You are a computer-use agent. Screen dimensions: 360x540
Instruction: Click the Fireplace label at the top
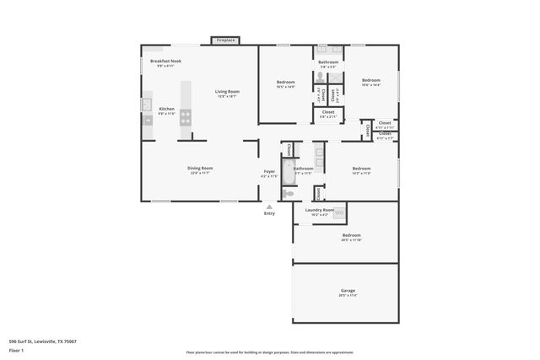click(x=225, y=40)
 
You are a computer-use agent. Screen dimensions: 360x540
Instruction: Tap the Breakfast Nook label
click(x=165, y=61)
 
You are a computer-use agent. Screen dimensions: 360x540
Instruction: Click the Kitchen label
click(x=167, y=109)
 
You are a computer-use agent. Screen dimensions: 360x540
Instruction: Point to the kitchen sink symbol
click(x=146, y=105)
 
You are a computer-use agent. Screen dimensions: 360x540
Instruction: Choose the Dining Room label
click(x=200, y=168)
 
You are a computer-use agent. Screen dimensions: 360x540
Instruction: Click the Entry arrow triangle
click(x=269, y=206)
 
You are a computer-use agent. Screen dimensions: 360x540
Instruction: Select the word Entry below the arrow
click(x=269, y=213)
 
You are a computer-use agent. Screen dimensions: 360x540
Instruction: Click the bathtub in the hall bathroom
click(x=289, y=175)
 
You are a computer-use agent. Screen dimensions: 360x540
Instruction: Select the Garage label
click(x=348, y=291)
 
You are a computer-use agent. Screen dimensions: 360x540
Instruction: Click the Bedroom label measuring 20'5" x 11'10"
click(x=351, y=235)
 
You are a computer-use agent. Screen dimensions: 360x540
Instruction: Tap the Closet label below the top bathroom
click(x=328, y=111)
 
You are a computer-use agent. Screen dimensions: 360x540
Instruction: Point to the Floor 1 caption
click(x=16, y=350)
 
